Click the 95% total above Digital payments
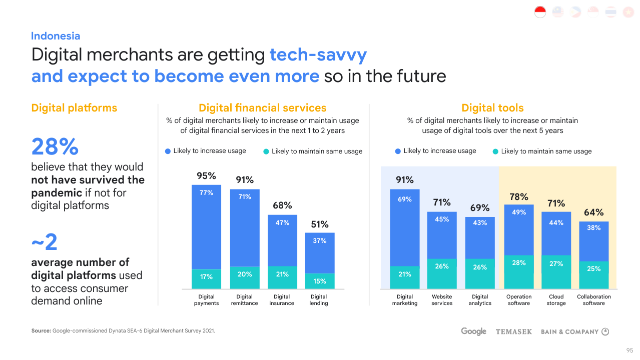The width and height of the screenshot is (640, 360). (x=206, y=176)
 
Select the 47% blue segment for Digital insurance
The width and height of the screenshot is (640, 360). (x=282, y=240)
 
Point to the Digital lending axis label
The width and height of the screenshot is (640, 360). (x=319, y=300)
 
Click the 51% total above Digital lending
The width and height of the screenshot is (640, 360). (x=320, y=224)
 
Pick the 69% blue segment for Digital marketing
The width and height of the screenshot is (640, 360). (x=405, y=227)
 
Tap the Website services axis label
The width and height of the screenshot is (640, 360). (x=442, y=300)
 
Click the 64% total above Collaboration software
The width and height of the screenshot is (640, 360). (x=594, y=212)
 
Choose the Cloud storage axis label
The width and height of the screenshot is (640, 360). (x=556, y=300)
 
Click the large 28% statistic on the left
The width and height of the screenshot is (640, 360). (x=55, y=147)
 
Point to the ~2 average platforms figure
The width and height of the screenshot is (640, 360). (x=45, y=242)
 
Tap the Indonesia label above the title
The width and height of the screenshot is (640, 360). (x=56, y=36)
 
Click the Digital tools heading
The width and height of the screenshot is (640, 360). (x=492, y=108)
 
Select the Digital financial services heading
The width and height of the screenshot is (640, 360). (x=263, y=108)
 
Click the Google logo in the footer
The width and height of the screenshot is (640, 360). (x=473, y=331)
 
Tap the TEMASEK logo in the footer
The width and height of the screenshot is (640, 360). (x=514, y=331)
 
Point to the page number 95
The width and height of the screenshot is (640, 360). (x=630, y=350)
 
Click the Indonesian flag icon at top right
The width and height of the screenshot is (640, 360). (x=540, y=12)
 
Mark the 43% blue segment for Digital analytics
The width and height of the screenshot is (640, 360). (x=480, y=238)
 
